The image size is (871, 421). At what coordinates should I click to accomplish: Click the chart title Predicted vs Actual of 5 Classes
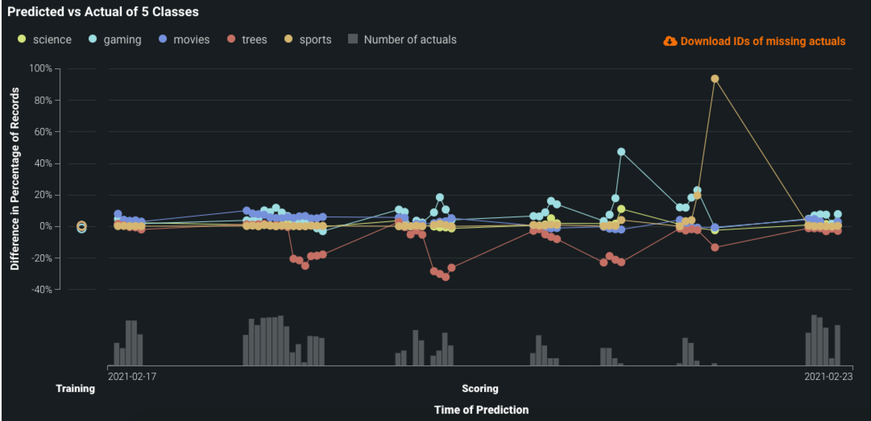click(103, 12)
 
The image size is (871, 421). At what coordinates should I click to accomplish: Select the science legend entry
click(45, 39)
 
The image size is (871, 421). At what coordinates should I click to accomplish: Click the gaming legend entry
click(115, 39)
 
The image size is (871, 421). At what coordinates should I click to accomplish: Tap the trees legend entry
click(247, 39)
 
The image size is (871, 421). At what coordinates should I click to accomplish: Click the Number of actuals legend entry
click(402, 39)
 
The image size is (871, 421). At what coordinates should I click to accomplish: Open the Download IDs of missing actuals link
click(763, 41)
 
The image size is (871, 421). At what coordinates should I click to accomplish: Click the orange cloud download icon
click(670, 41)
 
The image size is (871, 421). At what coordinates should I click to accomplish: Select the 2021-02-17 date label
click(132, 376)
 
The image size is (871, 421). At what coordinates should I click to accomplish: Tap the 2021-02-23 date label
click(828, 376)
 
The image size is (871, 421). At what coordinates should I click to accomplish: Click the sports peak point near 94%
click(715, 78)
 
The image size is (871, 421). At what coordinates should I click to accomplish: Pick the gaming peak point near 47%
click(621, 152)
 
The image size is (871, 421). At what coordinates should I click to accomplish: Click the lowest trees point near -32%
click(446, 277)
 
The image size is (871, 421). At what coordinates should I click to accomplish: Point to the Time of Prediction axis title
click(481, 410)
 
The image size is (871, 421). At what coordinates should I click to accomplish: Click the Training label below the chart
click(75, 388)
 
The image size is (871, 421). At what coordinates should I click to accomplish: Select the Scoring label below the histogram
click(480, 388)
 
